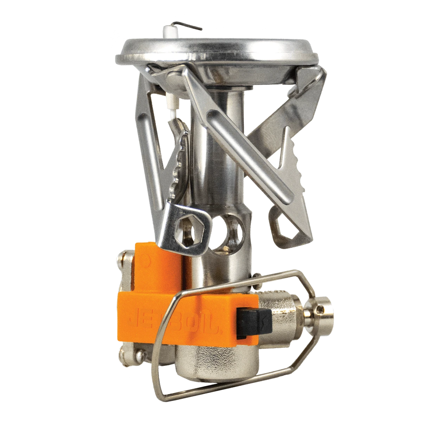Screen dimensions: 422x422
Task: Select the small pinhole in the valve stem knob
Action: pyautogui.click(x=324, y=309)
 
